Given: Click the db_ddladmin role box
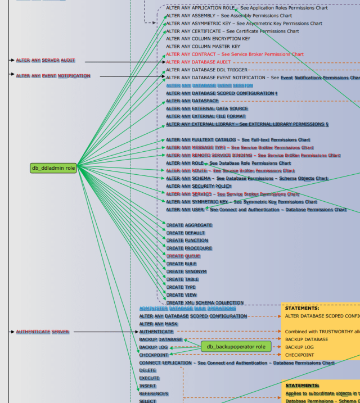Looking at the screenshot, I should pyautogui.click(x=53, y=167).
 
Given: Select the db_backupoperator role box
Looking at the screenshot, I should pyautogui.click(x=236, y=347).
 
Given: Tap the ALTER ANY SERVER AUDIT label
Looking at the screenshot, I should pyautogui.click(x=45, y=60).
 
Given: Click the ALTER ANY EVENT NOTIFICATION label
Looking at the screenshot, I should pyautogui.click(x=53, y=76).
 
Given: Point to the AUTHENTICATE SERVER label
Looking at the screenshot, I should pyautogui.click(x=43, y=332).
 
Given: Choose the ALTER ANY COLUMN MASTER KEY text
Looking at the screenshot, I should pyautogui.click(x=203, y=47).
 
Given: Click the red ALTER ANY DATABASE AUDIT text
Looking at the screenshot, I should pyautogui.click(x=199, y=62).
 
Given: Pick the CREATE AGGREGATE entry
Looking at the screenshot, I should pyautogui.click(x=189, y=225).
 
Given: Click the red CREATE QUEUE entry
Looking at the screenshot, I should pyautogui.click(x=183, y=256).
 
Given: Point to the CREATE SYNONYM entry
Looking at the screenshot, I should pyautogui.click(x=186, y=271).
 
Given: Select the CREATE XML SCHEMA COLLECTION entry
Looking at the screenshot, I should pyautogui.click(x=205, y=302).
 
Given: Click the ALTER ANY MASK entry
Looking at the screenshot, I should pyautogui.click(x=159, y=324).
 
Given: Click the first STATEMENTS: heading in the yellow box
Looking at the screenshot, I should pyautogui.click(x=301, y=308).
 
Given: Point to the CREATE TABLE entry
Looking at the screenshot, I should pyautogui.click(x=183, y=279).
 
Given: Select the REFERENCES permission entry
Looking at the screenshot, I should pyautogui.click(x=154, y=393).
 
